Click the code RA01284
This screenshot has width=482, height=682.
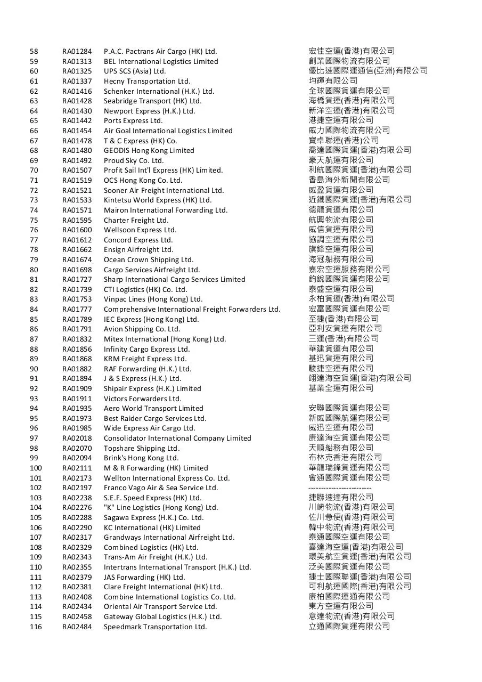(77, 52)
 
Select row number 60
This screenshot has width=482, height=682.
(34, 71)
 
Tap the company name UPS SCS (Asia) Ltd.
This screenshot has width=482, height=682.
(135, 71)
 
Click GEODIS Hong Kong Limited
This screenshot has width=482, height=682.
(149, 151)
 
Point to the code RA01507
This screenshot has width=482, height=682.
(77, 170)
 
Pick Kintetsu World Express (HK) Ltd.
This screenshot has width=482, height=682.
(158, 200)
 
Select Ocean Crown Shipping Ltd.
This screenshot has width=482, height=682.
(149, 260)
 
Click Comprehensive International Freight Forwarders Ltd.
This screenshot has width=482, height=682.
(192, 310)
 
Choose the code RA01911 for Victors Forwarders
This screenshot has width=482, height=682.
(77, 399)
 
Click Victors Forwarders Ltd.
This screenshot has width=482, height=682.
(143, 399)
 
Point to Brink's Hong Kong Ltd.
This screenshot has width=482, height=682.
(141, 458)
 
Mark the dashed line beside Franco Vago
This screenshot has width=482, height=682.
(340, 488)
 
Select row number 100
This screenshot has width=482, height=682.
(36, 468)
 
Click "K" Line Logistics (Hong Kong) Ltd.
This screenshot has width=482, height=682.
(161, 508)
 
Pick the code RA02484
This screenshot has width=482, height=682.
(77, 627)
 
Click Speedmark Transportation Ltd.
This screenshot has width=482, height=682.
(155, 627)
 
